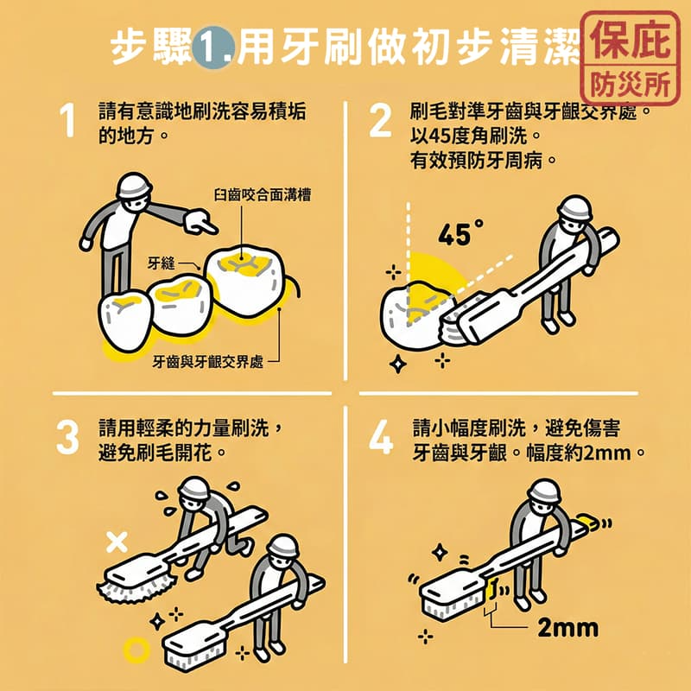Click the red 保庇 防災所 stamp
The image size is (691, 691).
631,59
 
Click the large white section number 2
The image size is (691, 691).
380,120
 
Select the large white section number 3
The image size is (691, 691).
68,438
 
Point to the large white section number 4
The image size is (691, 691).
381,438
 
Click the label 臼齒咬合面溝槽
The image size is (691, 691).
263,195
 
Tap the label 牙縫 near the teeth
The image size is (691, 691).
162,263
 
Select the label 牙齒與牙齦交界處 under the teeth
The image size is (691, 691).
208,362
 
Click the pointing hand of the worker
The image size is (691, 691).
200,222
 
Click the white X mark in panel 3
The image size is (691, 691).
117,542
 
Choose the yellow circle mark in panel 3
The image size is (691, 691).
136,650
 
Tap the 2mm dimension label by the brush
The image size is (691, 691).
568,628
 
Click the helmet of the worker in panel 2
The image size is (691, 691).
574,207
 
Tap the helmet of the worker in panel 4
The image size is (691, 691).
547,491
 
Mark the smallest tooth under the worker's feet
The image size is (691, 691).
125,320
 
